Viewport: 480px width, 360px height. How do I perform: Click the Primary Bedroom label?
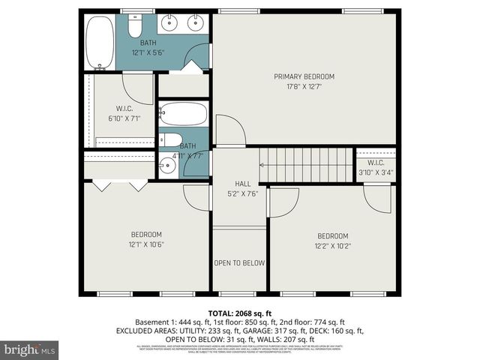point(304,76)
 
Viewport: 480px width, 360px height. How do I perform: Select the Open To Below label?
point(239,263)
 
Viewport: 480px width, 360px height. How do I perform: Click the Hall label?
point(242,182)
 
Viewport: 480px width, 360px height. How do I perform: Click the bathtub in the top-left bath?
point(98,42)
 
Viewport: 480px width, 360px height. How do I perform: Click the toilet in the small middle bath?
point(169,139)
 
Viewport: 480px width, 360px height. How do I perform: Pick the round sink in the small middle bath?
point(167,166)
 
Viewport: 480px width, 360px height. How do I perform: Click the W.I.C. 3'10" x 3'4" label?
point(376,167)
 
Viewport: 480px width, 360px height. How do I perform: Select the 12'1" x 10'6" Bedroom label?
point(145,238)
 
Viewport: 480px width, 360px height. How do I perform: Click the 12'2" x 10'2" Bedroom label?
point(332,239)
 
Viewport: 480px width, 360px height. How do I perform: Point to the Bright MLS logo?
point(30,349)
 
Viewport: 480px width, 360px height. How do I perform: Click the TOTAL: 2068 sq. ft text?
point(239,313)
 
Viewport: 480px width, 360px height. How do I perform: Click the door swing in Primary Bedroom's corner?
point(229,130)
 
